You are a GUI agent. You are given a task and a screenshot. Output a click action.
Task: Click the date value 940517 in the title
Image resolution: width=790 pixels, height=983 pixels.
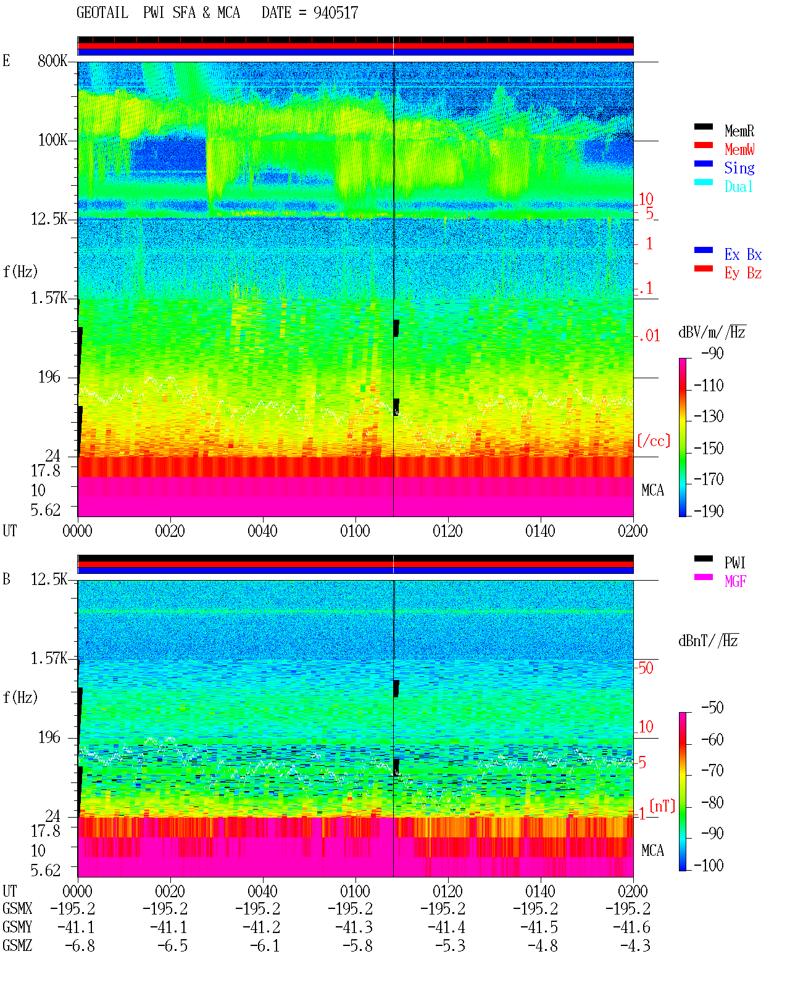(335, 12)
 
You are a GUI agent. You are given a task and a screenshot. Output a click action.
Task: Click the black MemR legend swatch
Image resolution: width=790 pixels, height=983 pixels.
(703, 127)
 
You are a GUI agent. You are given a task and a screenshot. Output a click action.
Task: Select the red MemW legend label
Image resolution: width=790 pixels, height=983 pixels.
(739, 149)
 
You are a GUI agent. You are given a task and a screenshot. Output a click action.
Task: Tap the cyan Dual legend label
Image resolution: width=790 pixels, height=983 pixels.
(738, 186)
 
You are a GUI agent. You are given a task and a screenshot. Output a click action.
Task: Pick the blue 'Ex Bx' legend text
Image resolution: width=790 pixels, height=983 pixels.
(742, 254)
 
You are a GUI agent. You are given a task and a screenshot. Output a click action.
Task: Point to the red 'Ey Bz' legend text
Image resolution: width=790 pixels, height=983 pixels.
(742, 273)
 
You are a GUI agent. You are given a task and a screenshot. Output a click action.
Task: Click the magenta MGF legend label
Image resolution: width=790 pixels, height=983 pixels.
(735, 581)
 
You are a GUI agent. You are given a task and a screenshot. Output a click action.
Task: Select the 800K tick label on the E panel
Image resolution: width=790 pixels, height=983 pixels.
(52, 60)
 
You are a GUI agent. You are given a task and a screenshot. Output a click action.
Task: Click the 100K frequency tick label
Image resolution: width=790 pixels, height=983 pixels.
(52, 140)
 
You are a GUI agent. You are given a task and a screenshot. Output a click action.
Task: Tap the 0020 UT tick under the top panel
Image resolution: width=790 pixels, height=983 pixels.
(170, 531)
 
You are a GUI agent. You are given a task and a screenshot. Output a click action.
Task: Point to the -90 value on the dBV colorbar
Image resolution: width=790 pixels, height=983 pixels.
(712, 353)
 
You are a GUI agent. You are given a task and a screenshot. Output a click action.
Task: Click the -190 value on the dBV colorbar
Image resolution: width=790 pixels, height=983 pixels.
(709, 511)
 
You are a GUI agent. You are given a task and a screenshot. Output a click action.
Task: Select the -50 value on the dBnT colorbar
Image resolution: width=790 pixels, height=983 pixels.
(712, 708)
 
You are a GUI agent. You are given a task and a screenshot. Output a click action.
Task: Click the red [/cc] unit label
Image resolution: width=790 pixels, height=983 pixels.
(654, 441)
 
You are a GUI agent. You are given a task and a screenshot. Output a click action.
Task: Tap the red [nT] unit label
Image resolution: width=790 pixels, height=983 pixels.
(662, 806)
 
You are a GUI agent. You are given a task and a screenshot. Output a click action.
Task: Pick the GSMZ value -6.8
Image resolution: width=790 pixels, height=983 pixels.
(80, 945)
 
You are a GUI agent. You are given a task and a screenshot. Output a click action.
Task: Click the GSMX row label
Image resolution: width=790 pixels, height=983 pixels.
(17, 908)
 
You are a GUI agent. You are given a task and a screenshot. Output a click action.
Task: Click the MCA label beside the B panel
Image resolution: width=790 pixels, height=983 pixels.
(652, 850)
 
